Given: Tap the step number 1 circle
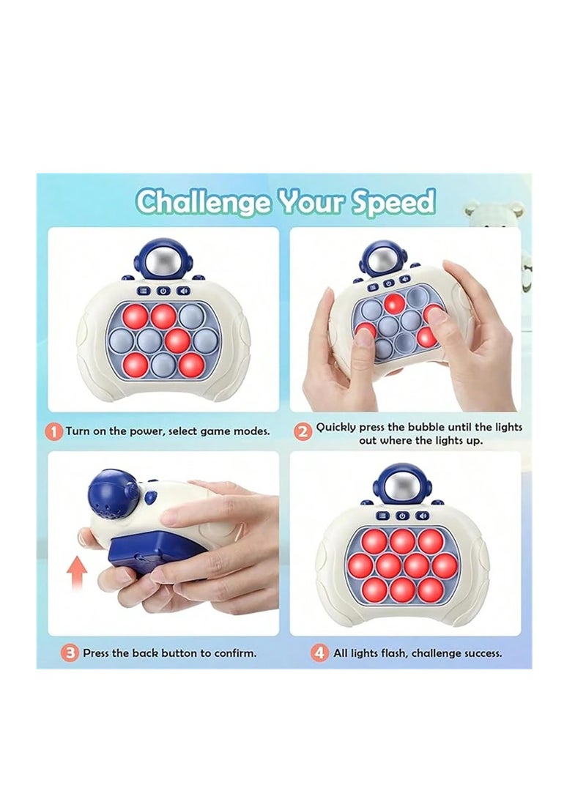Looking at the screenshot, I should [54, 431].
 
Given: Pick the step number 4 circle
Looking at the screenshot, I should [320, 653].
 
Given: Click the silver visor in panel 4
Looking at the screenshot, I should [401, 486].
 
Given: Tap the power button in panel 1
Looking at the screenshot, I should [163, 291].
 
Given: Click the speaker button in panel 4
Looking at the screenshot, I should [420, 515].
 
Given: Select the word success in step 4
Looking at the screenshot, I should [480, 653].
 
